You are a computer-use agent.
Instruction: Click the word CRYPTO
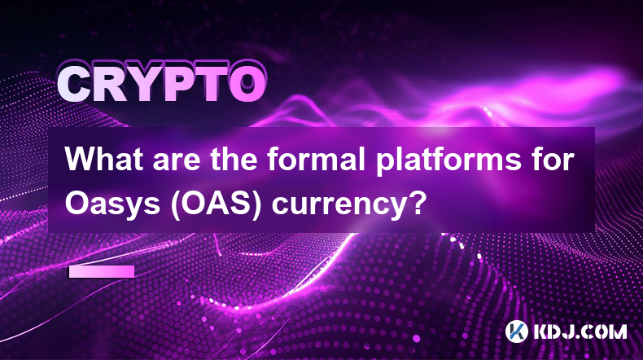162,85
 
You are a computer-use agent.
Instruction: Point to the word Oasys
112,204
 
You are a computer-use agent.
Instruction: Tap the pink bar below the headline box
102,271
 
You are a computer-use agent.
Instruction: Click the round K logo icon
516,331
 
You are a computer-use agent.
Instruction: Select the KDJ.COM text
580,331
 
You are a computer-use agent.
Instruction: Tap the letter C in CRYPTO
74,85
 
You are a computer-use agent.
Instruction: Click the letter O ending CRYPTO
247,85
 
